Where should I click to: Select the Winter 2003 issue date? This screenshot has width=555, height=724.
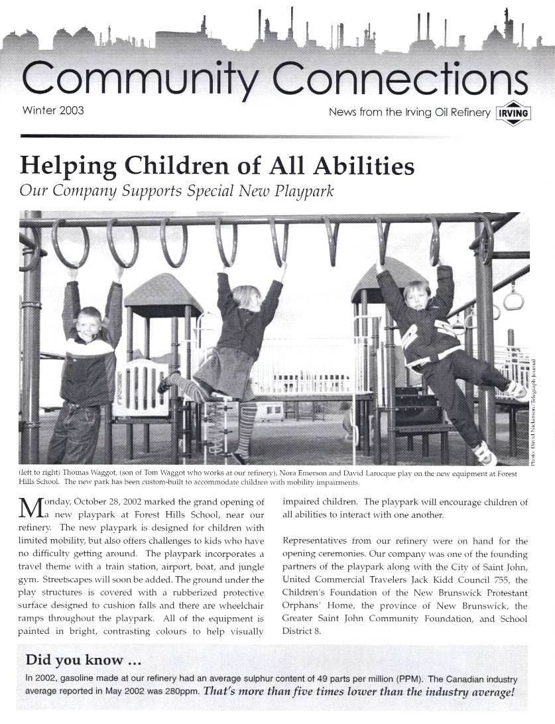[x=53, y=110]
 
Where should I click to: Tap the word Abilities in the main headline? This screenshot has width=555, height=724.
[x=356, y=166]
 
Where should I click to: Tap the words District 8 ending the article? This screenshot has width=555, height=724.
[x=302, y=631]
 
